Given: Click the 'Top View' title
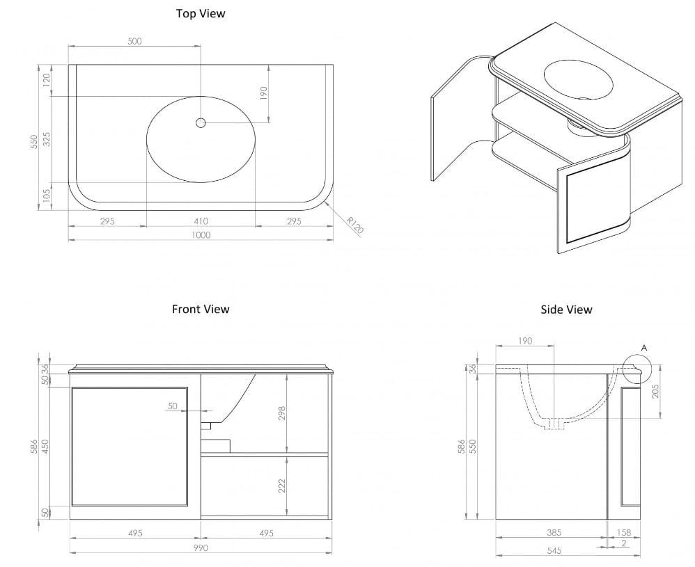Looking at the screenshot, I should [x=201, y=13].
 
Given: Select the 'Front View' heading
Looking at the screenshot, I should [x=201, y=309].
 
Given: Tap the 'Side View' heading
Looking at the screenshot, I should [x=566, y=309].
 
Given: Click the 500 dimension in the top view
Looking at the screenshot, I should [x=134, y=41].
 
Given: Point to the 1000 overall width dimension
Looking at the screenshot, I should [x=201, y=234].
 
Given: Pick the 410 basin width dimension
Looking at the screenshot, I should [x=201, y=221].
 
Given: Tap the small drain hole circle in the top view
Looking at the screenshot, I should [x=201, y=123].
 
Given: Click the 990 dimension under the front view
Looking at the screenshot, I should [x=201, y=548].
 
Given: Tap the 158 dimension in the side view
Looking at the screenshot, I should [x=625, y=532].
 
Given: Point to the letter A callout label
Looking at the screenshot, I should [x=643, y=346].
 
